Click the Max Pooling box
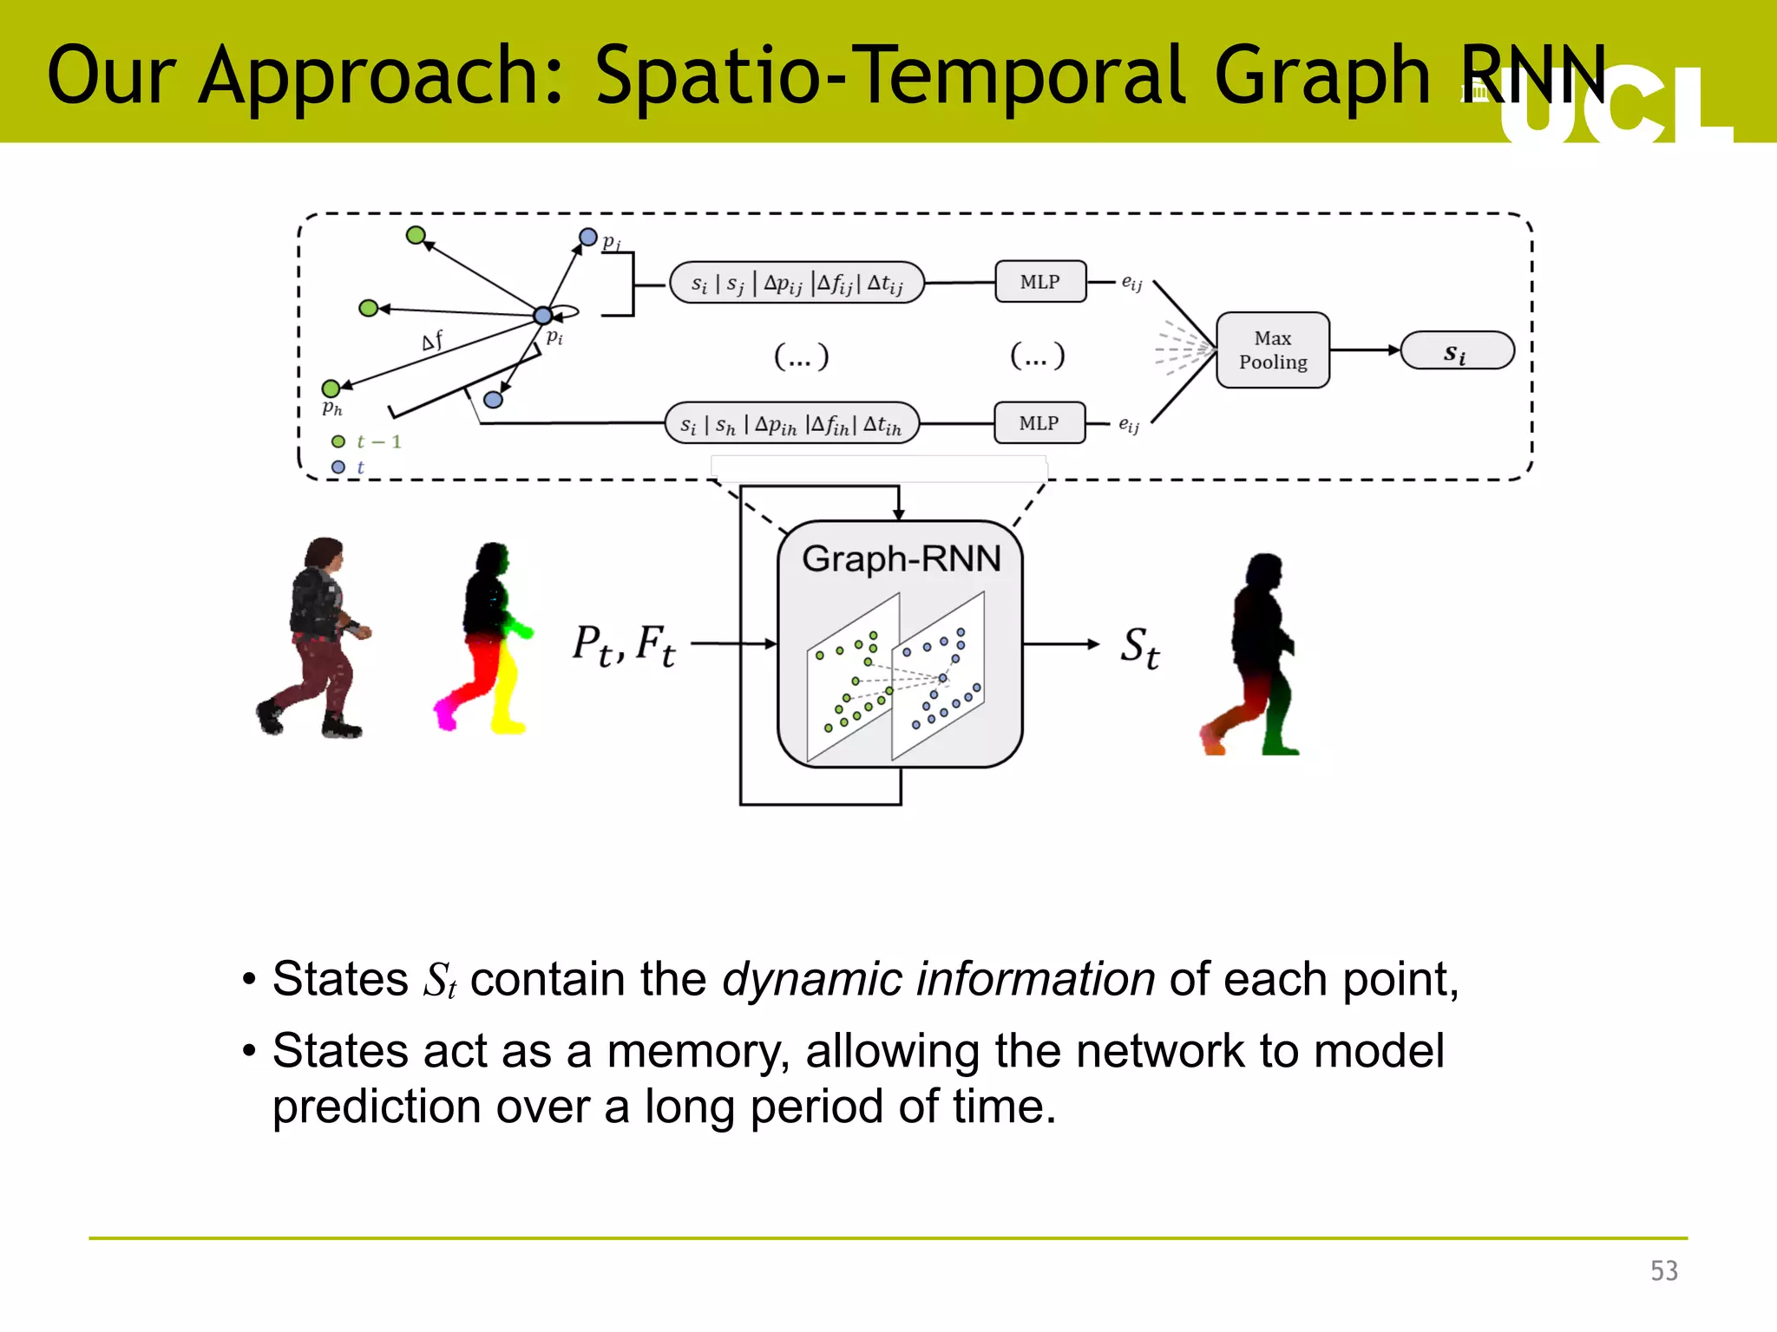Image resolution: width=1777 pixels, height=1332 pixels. tap(1272, 349)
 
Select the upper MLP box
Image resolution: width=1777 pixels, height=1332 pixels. tap(1039, 282)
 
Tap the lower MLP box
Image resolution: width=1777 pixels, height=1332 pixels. tap(1039, 423)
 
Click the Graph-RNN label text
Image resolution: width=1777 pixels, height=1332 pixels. tap(901, 558)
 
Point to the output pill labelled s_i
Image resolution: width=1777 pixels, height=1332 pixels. tap(1457, 350)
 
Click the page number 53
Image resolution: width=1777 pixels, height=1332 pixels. tap(1663, 1270)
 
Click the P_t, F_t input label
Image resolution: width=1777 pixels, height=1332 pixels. tap(623, 645)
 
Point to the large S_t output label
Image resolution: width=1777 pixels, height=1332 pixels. tap(1139, 647)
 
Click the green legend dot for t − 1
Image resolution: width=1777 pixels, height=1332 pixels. tap(338, 441)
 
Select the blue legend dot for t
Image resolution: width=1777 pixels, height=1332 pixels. tap(338, 467)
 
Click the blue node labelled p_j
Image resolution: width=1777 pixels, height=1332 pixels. tap(588, 237)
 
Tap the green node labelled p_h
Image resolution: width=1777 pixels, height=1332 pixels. tap(331, 388)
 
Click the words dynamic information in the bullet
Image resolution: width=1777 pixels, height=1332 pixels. tap(938, 980)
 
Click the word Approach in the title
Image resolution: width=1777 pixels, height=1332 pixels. tap(381, 76)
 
